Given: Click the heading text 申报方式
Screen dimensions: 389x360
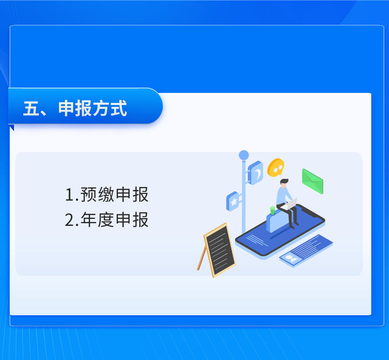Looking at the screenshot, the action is [93, 108].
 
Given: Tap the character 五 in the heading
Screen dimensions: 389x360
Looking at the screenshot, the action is [32, 108].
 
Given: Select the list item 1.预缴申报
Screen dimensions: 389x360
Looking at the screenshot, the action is [107, 195].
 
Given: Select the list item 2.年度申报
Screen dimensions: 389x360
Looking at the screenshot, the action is [107, 220].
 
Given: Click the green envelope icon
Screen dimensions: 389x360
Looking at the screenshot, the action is [313, 181].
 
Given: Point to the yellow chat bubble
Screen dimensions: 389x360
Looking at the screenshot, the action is [276, 168].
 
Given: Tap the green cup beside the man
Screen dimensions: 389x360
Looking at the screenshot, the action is [272, 210].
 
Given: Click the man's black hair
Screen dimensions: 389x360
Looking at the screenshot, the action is [284, 181].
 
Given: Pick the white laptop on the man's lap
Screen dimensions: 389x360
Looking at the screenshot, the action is [289, 204].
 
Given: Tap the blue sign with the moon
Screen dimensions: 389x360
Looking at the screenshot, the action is [255, 173].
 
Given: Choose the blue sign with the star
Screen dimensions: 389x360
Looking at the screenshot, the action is [233, 201].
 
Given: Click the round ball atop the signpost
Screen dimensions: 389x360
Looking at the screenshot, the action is [244, 155].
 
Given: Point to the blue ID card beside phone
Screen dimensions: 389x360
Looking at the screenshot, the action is [306, 251].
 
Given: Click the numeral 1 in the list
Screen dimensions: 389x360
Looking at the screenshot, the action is [70, 195].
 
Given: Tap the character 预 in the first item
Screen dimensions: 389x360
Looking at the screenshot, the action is [89, 195].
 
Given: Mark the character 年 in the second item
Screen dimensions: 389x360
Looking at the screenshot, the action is [89, 220].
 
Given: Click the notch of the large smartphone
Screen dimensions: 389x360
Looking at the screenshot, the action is [310, 211].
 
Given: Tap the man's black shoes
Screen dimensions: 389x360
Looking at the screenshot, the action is [294, 225].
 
